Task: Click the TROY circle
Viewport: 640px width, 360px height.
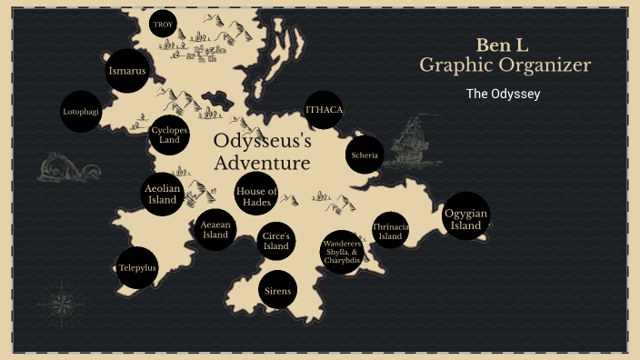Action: pyautogui.click(x=163, y=25)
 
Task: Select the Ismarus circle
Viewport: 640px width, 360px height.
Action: pyautogui.click(x=126, y=71)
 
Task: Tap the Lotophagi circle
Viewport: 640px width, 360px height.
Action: pyautogui.click(x=81, y=112)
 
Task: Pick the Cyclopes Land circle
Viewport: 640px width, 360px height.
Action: pyautogui.click(x=169, y=135)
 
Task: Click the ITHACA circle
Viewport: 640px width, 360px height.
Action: pyautogui.click(x=325, y=111)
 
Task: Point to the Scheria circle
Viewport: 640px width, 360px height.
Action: pyautogui.click(x=364, y=155)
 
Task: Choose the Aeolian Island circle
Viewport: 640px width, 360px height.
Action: pyautogui.click(x=164, y=194)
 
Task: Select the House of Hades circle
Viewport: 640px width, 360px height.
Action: pyautogui.click(x=255, y=195)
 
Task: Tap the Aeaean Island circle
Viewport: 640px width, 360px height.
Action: pyautogui.click(x=215, y=229)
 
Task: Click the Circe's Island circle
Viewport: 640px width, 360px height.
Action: pyautogui.click(x=275, y=241)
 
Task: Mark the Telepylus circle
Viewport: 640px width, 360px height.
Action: pyautogui.click(x=137, y=268)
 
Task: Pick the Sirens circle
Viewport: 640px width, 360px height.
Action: pyautogui.click(x=278, y=291)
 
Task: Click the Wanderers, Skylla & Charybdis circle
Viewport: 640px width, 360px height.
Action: pyautogui.click(x=342, y=252)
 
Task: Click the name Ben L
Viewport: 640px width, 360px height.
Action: pyautogui.click(x=505, y=45)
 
